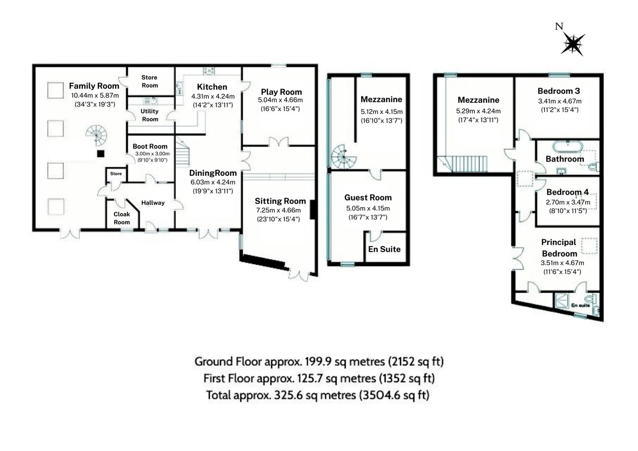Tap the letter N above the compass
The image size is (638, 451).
click(x=559, y=26)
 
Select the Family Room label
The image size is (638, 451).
click(x=94, y=86)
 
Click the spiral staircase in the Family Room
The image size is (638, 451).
click(x=96, y=135)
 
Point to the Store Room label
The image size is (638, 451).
click(x=149, y=81)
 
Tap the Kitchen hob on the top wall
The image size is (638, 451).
click(x=209, y=71)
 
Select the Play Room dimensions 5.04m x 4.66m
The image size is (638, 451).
click(x=280, y=100)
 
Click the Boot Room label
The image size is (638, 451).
click(x=150, y=146)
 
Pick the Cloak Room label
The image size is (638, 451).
click(x=122, y=218)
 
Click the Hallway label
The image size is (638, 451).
click(x=153, y=203)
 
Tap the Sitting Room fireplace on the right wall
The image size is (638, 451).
click(x=312, y=210)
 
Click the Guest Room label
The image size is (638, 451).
click(x=368, y=198)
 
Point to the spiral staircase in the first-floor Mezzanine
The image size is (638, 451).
click(x=344, y=157)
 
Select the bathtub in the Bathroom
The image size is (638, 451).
click(x=567, y=146)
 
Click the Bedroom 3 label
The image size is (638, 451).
click(x=559, y=91)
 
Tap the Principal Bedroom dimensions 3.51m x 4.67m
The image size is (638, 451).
click(x=562, y=263)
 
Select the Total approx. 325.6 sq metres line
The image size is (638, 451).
click(x=318, y=395)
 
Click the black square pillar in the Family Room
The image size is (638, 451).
click(x=101, y=154)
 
